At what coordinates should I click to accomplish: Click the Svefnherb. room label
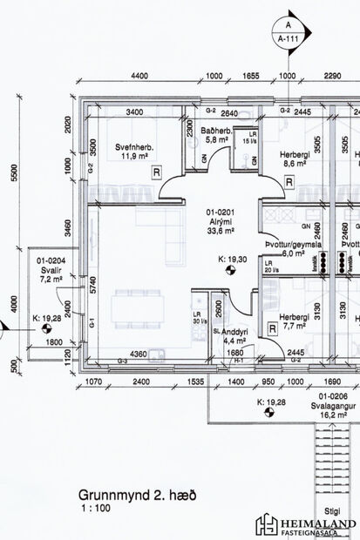134,152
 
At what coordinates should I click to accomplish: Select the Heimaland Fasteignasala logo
304,523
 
